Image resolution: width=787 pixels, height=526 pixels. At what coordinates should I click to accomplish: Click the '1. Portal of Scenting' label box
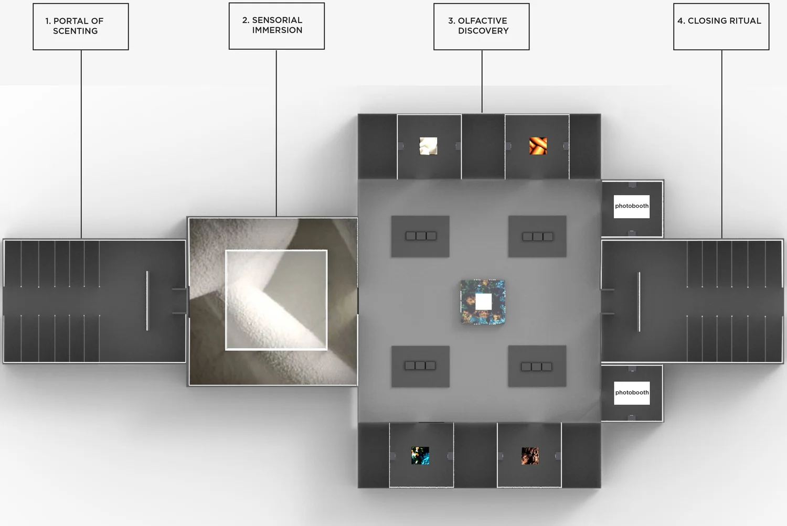click(x=81, y=27)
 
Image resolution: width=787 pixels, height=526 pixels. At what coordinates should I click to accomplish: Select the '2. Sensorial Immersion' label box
click(x=276, y=26)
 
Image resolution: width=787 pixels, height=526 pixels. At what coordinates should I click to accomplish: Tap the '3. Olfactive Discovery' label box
click(x=481, y=27)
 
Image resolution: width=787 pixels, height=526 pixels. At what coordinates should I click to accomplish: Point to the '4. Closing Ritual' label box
click(x=721, y=27)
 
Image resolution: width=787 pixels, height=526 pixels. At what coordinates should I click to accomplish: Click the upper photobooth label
click(x=632, y=206)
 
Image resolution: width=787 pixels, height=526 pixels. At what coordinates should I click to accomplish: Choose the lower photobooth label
click(x=632, y=393)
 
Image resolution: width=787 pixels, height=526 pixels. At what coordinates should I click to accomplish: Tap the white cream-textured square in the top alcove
click(x=429, y=146)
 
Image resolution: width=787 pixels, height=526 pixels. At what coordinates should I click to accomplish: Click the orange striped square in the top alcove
click(x=538, y=146)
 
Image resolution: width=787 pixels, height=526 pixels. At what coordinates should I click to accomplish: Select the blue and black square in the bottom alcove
click(x=420, y=456)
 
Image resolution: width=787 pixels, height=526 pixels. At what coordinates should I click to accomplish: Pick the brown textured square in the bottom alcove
click(x=530, y=456)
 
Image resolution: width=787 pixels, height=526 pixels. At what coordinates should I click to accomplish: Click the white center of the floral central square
click(x=483, y=302)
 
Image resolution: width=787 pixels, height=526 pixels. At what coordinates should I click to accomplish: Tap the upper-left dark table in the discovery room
click(x=420, y=236)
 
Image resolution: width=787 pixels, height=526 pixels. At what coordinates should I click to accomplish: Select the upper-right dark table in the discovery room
click(x=537, y=237)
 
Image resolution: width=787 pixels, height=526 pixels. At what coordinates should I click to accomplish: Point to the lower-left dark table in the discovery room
click(x=420, y=366)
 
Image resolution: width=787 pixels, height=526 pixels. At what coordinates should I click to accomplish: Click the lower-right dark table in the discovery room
click(x=537, y=366)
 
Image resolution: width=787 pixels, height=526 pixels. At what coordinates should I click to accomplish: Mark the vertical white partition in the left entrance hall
click(x=147, y=300)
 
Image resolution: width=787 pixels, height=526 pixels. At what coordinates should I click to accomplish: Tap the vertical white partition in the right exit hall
click(x=639, y=302)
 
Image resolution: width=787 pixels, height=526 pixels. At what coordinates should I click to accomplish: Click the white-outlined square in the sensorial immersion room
click(x=276, y=300)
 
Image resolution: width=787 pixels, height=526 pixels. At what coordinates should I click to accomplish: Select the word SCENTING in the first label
click(x=75, y=31)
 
